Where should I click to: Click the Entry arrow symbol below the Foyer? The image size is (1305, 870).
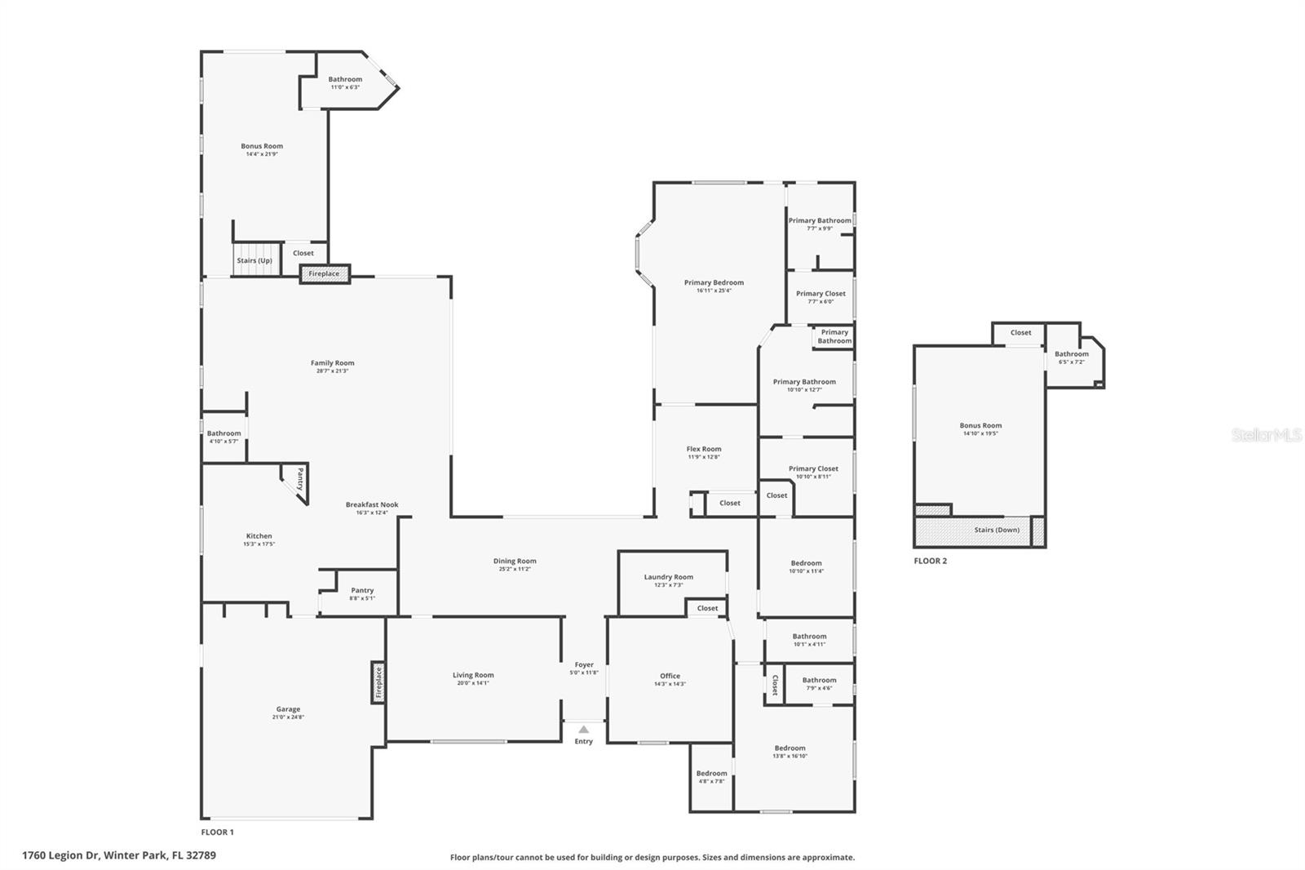(x=583, y=730)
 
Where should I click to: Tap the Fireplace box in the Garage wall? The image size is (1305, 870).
(x=378, y=682)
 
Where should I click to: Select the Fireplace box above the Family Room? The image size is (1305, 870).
(x=325, y=274)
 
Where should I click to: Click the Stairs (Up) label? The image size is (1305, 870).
(x=254, y=260)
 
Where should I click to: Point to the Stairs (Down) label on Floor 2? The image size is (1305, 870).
(x=997, y=530)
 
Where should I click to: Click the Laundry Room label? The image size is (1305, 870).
(x=668, y=577)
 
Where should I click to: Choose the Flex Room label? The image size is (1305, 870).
(x=703, y=449)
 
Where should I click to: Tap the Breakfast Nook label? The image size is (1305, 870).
(x=372, y=504)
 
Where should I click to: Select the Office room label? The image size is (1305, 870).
(x=670, y=676)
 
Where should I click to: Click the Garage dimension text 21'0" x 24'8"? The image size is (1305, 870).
(x=288, y=717)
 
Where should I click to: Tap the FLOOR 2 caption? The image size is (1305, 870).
(x=930, y=561)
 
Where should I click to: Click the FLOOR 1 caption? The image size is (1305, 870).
(x=217, y=832)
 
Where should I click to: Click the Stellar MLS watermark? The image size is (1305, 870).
(x=1266, y=435)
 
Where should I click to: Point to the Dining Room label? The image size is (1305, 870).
(x=515, y=561)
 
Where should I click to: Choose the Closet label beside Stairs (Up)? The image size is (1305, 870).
(x=303, y=253)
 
